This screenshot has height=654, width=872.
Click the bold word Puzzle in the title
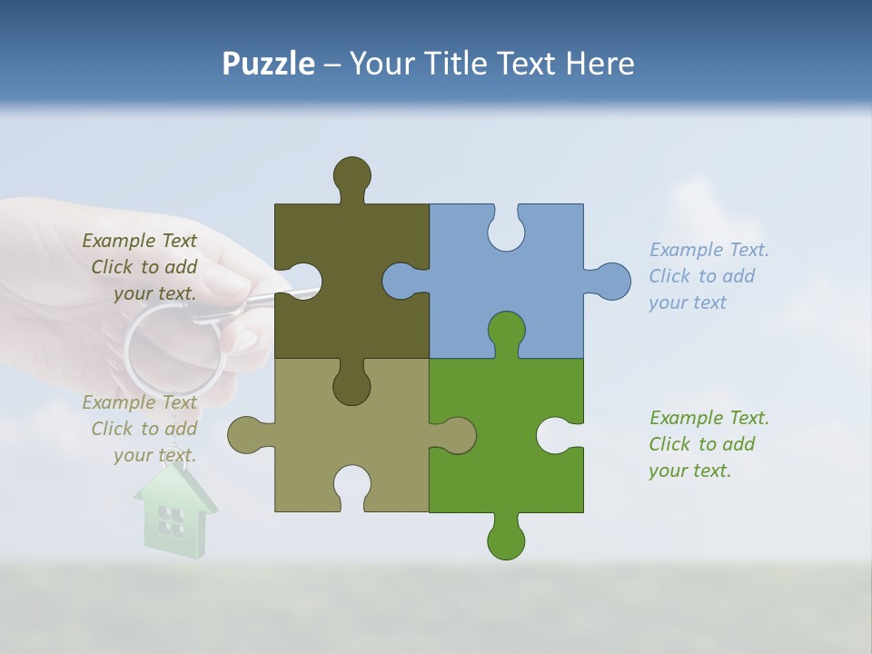click(268, 64)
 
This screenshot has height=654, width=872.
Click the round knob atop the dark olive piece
click(352, 174)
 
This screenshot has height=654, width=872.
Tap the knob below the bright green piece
click(506, 540)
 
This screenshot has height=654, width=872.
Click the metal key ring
click(173, 350)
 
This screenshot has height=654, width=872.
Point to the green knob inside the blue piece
click(506, 331)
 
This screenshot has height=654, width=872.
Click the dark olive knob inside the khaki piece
click(352, 385)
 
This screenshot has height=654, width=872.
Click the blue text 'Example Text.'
click(708, 250)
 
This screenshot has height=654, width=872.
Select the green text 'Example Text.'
click(708, 418)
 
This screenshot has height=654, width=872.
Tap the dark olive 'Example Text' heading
click(139, 241)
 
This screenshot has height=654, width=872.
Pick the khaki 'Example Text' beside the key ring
click(139, 402)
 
